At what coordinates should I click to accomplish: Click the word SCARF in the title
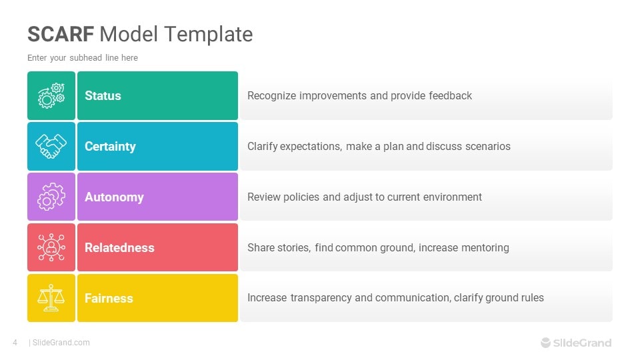pyautogui.click(x=61, y=34)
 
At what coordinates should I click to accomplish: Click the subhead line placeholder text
pyautogui.click(x=83, y=58)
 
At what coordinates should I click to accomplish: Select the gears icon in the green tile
pyautogui.click(x=51, y=96)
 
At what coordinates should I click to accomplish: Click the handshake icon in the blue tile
pyautogui.click(x=51, y=147)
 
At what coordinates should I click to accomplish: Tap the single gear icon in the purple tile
pyautogui.click(x=51, y=197)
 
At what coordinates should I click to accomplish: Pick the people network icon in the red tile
pyautogui.click(x=51, y=247)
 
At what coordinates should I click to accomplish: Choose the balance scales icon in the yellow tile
pyautogui.click(x=51, y=298)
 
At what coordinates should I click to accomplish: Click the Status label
pyautogui.click(x=103, y=96)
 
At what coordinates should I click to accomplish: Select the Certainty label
pyautogui.click(x=110, y=147)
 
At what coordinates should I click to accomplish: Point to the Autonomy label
pyautogui.click(x=114, y=197)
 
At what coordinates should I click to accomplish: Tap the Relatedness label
pyautogui.click(x=119, y=248)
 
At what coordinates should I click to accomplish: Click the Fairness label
pyautogui.click(x=109, y=299)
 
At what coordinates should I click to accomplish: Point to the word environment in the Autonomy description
pyautogui.click(x=450, y=197)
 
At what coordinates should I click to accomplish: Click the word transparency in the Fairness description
pyautogui.click(x=321, y=298)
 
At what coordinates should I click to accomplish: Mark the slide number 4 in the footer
pyautogui.click(x=15, y=343)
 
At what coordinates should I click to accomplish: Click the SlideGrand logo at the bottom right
pyautogui.click(x=576, y=343)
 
